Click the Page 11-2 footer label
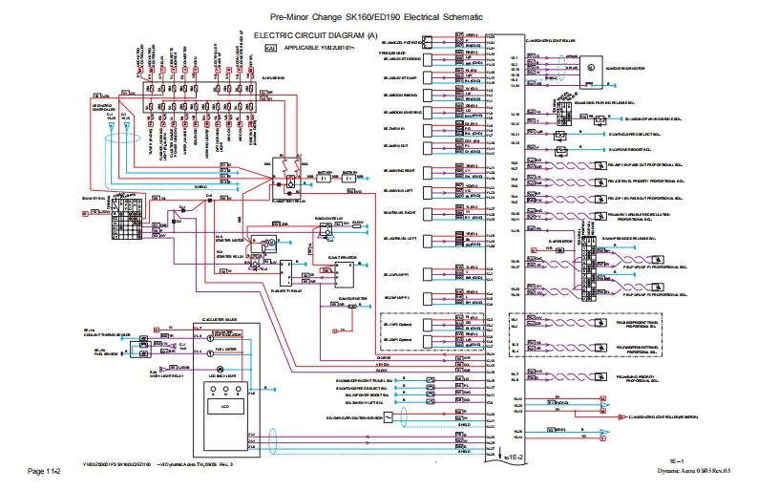[43, 471]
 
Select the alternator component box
[343, 273]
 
